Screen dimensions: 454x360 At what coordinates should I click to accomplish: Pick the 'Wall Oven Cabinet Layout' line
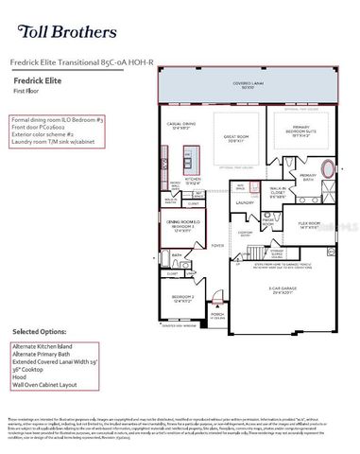46,385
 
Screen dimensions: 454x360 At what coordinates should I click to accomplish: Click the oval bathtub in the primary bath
329,171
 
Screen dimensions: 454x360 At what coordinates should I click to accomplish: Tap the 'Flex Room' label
309,224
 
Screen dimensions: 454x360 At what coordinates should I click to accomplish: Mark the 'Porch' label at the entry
216,316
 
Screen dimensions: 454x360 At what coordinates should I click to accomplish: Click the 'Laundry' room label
245,201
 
